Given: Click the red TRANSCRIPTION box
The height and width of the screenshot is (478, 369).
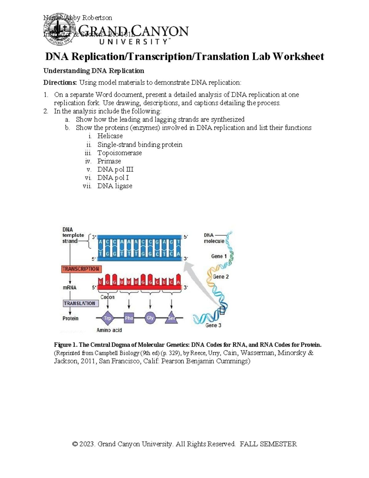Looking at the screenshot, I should (x=81, y=269).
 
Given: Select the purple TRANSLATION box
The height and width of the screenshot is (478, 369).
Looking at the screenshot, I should (x=79, y=303).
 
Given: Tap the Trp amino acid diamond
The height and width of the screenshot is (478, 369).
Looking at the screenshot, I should (x=107, y=318).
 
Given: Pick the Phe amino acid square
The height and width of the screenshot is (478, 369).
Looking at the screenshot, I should (x=129, y=318).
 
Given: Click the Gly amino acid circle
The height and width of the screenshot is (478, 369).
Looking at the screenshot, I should (x=150, y=318).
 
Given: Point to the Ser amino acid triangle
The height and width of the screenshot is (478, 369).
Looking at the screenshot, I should (x=171, y=318).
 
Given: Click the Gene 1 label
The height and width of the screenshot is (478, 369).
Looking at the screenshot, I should (x=219, y=256).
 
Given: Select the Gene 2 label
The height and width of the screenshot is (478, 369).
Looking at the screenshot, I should (x=221, y=277).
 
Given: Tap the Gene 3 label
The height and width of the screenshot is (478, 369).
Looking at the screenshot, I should (x=213, y=325).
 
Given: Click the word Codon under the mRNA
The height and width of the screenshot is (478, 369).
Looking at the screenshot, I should (x=107, y=297).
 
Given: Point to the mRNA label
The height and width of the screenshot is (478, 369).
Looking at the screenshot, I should (x=69, y=287).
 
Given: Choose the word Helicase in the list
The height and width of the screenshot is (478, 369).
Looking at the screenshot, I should (x=110, y=136).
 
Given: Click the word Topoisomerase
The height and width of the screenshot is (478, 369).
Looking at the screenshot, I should (x=119, y=153).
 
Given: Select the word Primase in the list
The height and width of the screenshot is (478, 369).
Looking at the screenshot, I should (x=109, y=161).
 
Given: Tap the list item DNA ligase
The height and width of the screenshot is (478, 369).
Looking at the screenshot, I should (x=115, y=186).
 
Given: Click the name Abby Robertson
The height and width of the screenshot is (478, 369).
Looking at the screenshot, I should (x=88, y=18).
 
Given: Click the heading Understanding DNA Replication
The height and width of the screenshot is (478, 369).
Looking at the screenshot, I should (x=93, y=71).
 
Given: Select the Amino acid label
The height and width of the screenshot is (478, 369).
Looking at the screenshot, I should (x=109, y=330).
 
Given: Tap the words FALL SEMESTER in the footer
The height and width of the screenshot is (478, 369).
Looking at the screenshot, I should (x=268, y=444).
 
